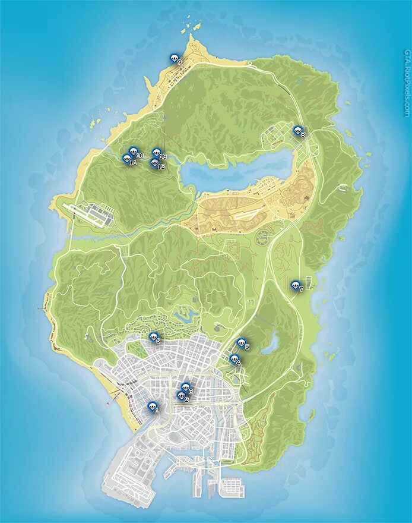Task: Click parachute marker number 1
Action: point(151,406)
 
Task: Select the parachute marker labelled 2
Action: point(181,396)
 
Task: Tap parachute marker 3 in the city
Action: point(185,387)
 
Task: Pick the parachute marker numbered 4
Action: point(234,359)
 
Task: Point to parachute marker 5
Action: point(240,342)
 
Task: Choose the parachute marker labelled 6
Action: point(153,337)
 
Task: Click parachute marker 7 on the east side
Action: point(295,285)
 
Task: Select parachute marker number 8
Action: point(297,130)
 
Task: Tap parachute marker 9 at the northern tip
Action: point(174,58)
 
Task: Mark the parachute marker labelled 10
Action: point(133,152)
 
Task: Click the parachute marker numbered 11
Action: point(126,159)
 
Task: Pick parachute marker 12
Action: point(155,163)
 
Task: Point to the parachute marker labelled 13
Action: point(156,153)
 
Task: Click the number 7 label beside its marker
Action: point(302,289)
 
